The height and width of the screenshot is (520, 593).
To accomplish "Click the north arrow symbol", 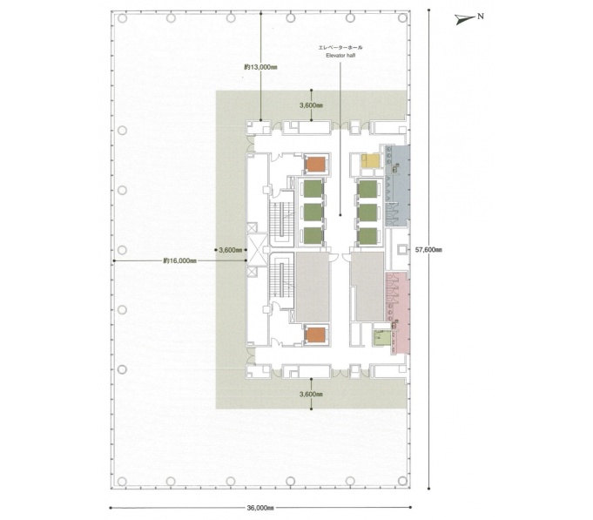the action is point(463,19).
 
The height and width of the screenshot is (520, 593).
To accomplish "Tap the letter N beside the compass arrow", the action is point(481,17).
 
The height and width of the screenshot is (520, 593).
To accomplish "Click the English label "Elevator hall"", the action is point(340,56).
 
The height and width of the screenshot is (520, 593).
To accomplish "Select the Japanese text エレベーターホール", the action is point(340,48).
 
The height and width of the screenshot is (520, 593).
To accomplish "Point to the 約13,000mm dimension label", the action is point(260,67).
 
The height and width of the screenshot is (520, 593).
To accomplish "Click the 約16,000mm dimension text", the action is point(180,260).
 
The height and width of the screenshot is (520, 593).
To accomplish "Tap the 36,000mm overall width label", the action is point(260,508).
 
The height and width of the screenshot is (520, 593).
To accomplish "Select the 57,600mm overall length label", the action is point(428,250).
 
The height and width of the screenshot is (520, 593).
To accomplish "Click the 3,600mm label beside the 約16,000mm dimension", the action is point(230,250).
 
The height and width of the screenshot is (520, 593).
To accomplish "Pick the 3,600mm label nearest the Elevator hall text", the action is point(311,105).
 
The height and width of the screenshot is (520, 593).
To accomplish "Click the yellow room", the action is point(370,161).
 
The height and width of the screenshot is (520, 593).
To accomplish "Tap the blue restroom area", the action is point(398,186).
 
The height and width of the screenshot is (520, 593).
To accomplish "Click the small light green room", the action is point(382,338).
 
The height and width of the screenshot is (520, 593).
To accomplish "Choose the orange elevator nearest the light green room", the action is point(315,335).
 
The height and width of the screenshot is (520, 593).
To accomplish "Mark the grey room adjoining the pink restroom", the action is point(367,287).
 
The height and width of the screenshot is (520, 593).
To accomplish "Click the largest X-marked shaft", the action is point(257,249).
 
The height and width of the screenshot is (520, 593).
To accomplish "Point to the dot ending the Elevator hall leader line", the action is point(340,215).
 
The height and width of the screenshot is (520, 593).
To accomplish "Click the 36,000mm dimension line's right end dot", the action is point(411,508).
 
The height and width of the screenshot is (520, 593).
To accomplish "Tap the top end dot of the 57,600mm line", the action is point(428,10).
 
